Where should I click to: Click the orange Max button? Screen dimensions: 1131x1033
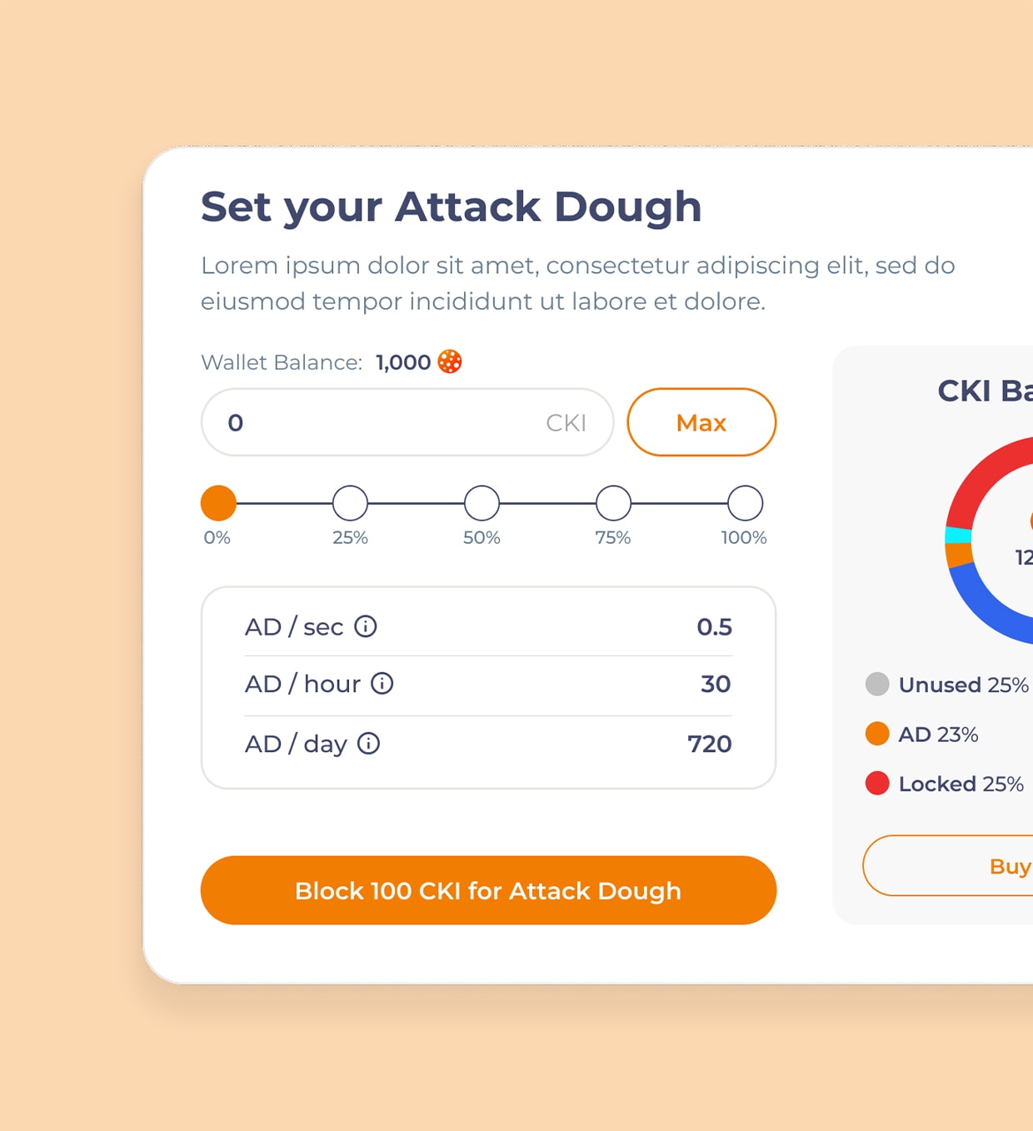[x=701, y=422]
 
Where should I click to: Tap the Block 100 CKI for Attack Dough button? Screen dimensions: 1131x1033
[x=488, y=890]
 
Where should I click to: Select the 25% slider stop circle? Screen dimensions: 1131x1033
[x=350, y=503]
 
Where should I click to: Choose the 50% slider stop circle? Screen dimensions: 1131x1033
[x=482, y=503]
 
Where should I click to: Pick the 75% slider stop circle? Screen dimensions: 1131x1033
[x=613, y=503]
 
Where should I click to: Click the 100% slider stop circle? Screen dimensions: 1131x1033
[x=745, y=503]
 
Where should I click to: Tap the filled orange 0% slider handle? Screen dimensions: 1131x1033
[x=218, y=503]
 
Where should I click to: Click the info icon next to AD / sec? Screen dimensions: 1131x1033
[x=366, y=626]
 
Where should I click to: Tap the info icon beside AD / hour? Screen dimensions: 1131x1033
[x=382, y=684]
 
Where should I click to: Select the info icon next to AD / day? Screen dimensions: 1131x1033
[x=368, y=744]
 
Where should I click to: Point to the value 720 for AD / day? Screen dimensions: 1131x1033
[x=709, y=744]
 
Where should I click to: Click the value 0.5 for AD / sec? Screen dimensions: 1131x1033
[x=714, y=627]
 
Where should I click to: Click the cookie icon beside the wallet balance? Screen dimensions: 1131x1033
[x=450, y=361]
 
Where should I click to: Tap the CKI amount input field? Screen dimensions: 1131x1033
[x=383, y=422]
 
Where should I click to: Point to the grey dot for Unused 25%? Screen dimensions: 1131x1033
[x=877, y=685]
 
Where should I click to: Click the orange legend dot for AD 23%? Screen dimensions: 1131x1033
[x=877, y=734]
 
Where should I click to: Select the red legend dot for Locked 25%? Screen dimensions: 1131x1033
[x=877, y=784]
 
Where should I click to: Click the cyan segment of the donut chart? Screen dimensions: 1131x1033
[x=958, y=535]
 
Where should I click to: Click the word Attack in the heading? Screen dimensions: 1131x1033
[x=467, y=207]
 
